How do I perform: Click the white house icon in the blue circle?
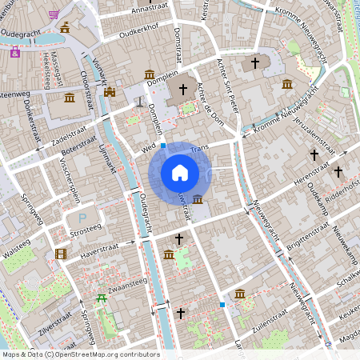click(180, 173)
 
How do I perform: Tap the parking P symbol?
click(82, 218)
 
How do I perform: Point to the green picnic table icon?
click(102, 298)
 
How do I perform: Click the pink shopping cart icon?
click(54, 14)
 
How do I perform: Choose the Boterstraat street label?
click(82, 146)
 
